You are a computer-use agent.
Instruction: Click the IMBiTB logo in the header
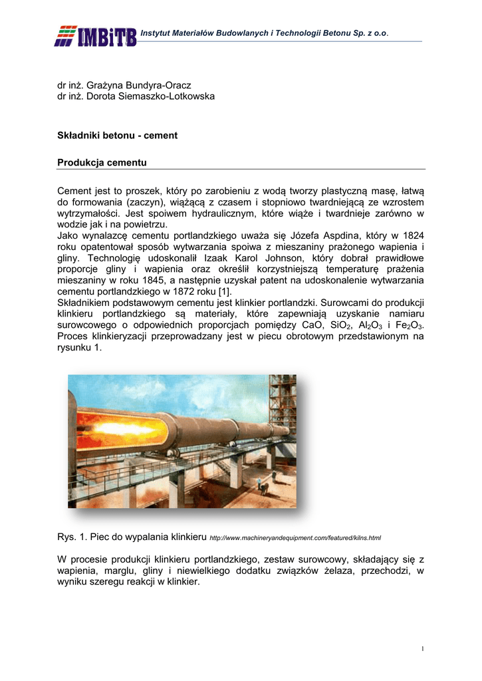click(96, 36)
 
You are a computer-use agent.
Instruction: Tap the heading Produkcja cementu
click(102, 162)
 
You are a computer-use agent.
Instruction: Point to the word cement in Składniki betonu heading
click(162, 135)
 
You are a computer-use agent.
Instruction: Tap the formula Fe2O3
click(407, 326)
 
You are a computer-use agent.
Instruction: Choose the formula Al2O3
click(372, 326)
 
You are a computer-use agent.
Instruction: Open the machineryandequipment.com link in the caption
click(295, 537)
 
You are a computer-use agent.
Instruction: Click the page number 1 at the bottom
click(423, 649)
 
